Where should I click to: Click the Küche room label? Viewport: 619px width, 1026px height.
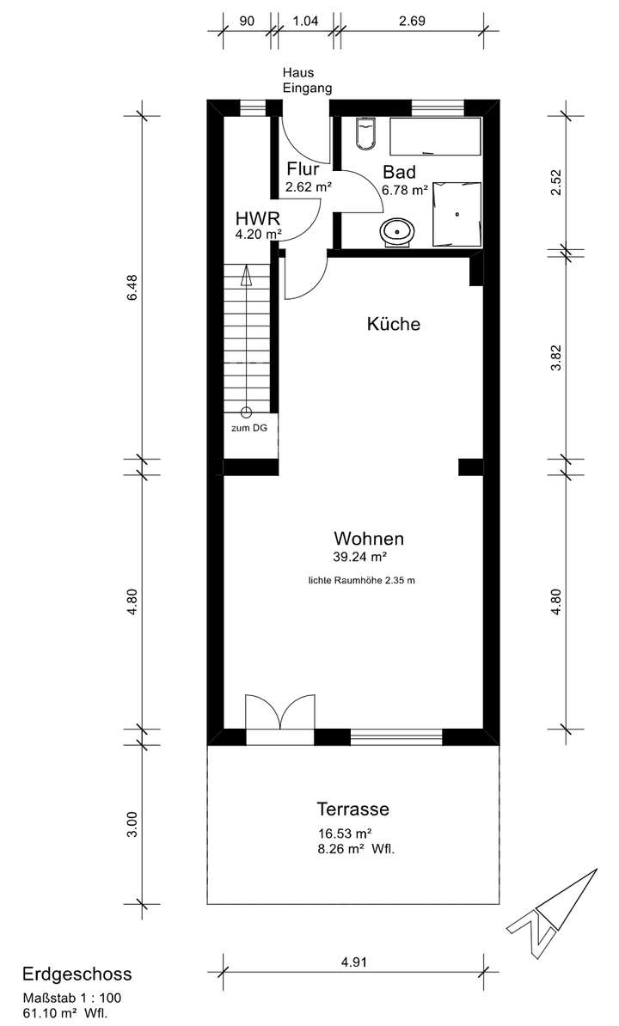point(393,325)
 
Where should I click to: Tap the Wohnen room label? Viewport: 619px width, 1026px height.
point(369,540)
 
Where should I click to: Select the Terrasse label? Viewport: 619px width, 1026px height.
point(352,809)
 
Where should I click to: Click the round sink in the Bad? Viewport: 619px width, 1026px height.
point(397,231)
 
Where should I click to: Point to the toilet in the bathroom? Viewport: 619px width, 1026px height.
point(365,133)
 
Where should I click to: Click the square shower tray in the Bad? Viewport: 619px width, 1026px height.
point(457,214)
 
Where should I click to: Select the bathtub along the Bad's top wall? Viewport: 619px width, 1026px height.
point(434,136)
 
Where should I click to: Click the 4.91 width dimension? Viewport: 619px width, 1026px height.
point(353,963)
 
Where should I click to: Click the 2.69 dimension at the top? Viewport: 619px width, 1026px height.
point(413,19)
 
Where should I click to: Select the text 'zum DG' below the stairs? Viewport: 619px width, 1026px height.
point(248,427)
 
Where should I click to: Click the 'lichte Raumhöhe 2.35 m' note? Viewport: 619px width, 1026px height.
point(362,581)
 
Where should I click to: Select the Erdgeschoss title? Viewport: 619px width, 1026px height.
point(77,974)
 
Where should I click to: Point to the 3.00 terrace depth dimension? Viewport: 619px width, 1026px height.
point(132,823)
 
